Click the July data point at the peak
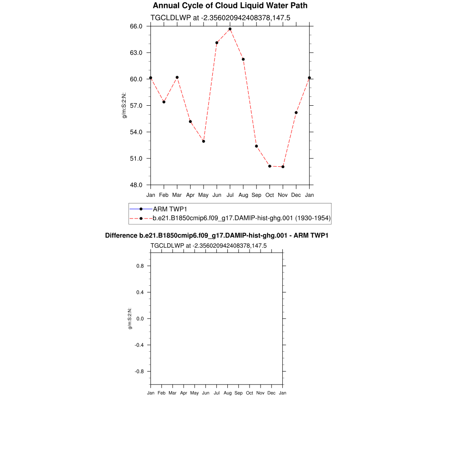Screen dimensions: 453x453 point(230,29)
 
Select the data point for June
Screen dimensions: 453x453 point(217,42)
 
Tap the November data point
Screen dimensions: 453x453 point(283,167)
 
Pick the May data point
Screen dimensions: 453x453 point(203,141)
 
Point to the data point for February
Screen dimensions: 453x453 point(164,102)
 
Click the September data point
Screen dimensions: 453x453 point(256,146)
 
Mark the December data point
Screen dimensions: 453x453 point(296,112)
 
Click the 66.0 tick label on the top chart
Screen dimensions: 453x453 point(136,26)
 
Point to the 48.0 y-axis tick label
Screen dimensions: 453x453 point(136,185)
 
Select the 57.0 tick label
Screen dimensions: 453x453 point(136,106)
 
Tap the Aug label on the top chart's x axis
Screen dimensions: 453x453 point(243,195)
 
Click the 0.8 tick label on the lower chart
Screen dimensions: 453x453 point(140,266)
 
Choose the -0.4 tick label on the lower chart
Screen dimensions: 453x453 point(139,345)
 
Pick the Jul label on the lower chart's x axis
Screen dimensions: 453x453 point(217,393)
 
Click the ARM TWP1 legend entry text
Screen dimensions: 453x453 point(170,209)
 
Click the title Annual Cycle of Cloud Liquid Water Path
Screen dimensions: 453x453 point(230,6)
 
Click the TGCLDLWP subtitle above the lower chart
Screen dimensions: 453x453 point(208,246)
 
